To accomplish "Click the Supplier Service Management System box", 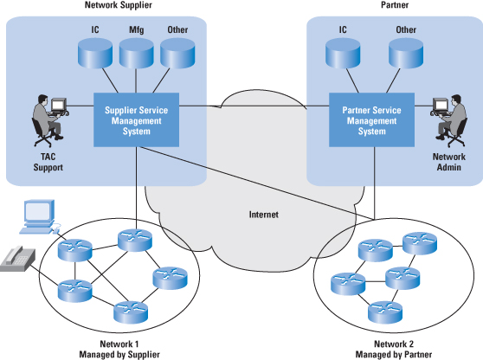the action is (x=136, y=119).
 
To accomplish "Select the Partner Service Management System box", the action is (x=371, y=119).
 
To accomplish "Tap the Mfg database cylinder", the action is (x=136, y=53).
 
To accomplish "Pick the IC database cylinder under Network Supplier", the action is (x=95, y=53).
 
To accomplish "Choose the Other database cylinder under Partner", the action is (x=406, y=53).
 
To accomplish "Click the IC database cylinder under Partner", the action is (x=343, y=53).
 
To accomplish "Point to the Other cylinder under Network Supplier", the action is (x=177, y=53).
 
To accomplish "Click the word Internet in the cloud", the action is (x=264, y=215).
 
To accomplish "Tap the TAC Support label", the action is (x=48, y=162).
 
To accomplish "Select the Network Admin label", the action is (x=448, y=162).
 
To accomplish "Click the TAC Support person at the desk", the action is (x=49, y=120).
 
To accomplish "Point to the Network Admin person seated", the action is (x=449, y=120).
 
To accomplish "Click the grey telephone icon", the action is (x=17, y=259).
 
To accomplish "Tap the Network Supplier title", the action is (x=119, y=5).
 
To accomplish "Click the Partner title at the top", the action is (x=395, y=5).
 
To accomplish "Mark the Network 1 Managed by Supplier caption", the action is (x=119, y=350).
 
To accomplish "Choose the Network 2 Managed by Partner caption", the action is (x=394, y=350).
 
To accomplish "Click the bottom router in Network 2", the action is (x=385, y=312).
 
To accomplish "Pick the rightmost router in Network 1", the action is (x=170, y=278).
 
